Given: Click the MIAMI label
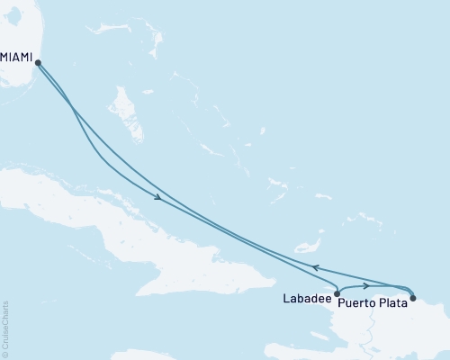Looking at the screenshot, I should coord(16,57).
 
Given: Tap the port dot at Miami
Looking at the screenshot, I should coord(37,61).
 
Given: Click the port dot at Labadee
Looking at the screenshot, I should coord(336,293).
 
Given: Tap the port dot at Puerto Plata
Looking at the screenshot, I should coord(412,297).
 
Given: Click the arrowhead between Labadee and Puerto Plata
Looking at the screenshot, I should coord(365,285).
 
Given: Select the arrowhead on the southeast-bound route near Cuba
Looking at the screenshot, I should coord(157,198).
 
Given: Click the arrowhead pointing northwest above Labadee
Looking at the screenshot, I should coord(315,267).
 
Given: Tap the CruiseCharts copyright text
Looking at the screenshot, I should coord(5,328).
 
